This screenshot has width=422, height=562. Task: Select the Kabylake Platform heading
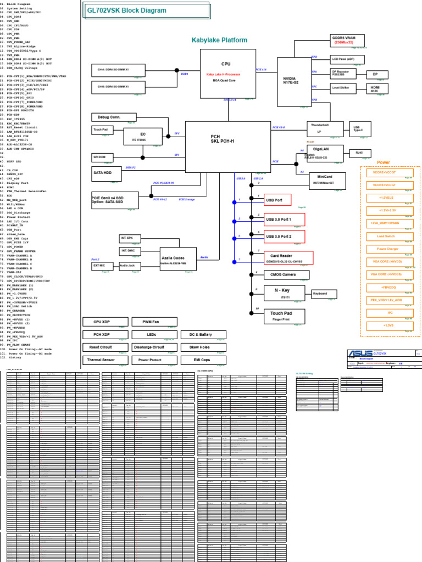[x=219, y=40]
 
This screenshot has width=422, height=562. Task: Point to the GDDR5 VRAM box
[x=343, y=40]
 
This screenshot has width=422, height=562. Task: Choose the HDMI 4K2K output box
[x=377, y=88]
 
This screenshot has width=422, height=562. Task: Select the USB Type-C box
[x=358, y=128]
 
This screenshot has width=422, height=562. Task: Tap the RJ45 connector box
[x=359, y=153]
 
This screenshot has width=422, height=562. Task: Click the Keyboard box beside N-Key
[x=324, y=294]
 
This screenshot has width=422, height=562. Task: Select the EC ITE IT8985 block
[x=142, y=137]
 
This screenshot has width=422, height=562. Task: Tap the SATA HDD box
[x=106, y=174]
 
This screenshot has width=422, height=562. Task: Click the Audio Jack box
[x=131, y=266]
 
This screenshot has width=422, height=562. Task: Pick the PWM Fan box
[x=151, y=321]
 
